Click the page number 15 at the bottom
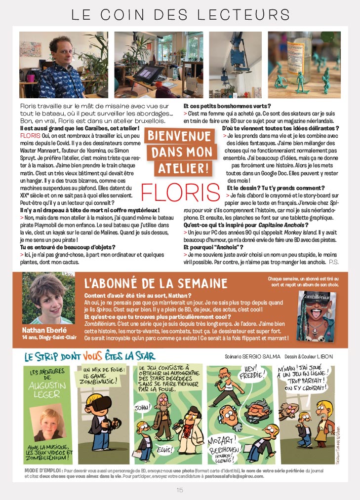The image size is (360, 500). point(180,490)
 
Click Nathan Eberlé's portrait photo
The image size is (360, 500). point(41,298)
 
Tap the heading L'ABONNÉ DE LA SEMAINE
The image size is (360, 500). point(156,283)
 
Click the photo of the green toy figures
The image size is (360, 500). point(304,65)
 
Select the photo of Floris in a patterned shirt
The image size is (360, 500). point(64,65)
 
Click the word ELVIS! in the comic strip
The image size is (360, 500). point(164,449)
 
